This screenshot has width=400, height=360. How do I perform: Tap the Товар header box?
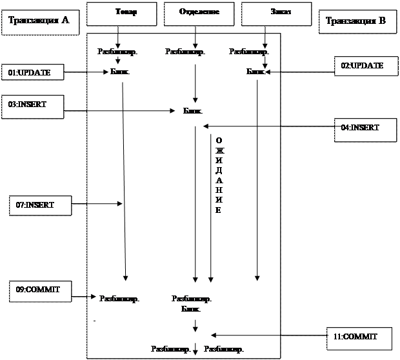point(121,12)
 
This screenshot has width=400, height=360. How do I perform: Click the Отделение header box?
point(200,12)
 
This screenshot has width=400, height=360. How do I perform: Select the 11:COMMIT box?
point(359,336)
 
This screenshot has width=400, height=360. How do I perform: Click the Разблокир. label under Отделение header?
point(185,51)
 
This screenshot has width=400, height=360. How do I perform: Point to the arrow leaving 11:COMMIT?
point(245,335)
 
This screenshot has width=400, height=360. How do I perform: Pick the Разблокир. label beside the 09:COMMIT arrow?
point(119,299)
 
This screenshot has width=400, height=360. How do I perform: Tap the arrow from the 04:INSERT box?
point(242,126)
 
